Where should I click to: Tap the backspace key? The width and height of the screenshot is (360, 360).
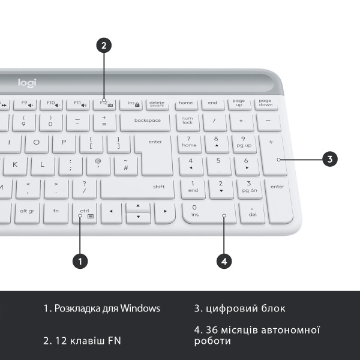pos(147,121)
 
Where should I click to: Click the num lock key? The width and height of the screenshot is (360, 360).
pos(187,121)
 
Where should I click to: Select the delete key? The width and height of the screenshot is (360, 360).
pos(157,104)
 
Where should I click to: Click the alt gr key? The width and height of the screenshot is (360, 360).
pos(27,211)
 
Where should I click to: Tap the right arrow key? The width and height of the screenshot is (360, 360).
pos(164,212)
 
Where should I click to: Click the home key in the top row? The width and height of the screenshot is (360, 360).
pos(186,103)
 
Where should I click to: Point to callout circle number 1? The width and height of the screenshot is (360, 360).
pos(80,260)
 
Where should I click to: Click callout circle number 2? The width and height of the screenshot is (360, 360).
pos(104,44)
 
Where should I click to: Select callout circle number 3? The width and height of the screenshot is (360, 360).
pos(329,159)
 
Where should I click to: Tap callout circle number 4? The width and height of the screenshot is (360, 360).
pos(224,260)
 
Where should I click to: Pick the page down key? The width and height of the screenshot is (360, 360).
pos(265,103)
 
